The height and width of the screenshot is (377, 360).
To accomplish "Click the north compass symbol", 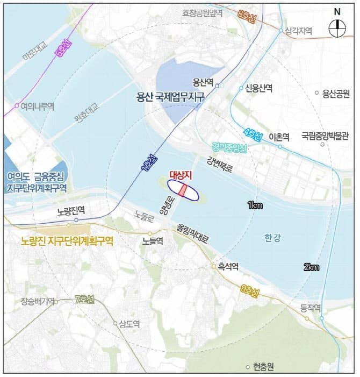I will pyautogui.click(x=338, y=24).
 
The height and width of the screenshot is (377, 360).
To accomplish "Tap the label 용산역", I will pyautogui.click(x=204, y=83).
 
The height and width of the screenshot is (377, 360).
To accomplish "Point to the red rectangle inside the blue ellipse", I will pyautogui.click(x=183, y=190).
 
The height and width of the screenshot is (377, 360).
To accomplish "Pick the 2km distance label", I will pyautogui.click(x=311, y=267).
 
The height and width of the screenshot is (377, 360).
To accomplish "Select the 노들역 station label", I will pyautogui.click(x=153, y=242).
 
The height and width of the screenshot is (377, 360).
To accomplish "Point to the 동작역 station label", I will pyautogui.click(x=311, y=308).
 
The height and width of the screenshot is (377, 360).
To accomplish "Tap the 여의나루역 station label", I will pyautogui.click(x=37, y=106).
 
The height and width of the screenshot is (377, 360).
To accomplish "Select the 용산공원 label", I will pyautogui.click(x=335, y=93).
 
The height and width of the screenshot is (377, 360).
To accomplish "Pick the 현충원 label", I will pyautogui.click(x=263, y=367).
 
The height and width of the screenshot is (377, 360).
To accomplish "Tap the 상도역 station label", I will pyautogui.click(x=129, y=324).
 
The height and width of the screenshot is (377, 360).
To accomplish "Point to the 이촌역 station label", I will pyautogui.click(x=279, y=137).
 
